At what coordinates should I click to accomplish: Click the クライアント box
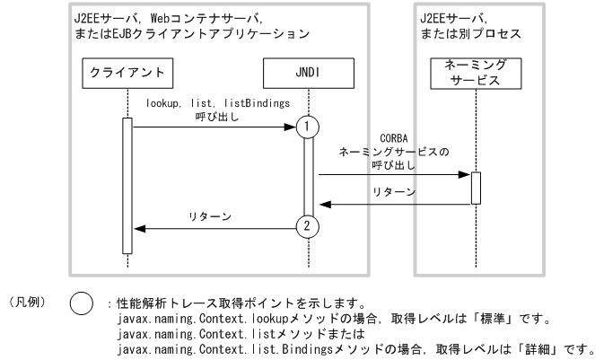pyautogui.click(x=127, y=70)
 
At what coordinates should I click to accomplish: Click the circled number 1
pyautogui.click(x=308, y=127)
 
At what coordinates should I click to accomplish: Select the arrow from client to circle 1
pyautogui.click(x=215, y=127)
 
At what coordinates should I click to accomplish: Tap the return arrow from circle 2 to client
pyautogui.click(x=215, y=227)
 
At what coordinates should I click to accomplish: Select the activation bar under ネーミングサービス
pyautogui.click(x=475, y=187)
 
